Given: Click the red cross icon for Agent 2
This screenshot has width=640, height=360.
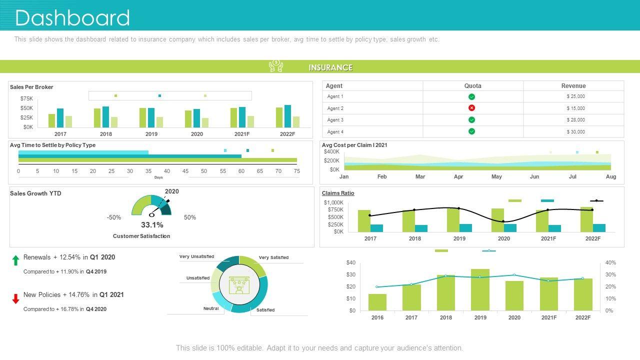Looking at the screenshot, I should pyautogui.click(x=471, y=108).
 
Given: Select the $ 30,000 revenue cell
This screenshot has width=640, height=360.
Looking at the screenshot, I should pyautogui.click(x=575, y=132).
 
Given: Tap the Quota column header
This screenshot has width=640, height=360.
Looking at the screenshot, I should pyautogui.click(x=472, y=86).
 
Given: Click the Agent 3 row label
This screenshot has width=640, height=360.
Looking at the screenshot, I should pyautogui.click(x=335, y=120).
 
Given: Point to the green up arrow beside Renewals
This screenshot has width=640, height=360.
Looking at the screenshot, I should pyautogui.click(x=16, y=260).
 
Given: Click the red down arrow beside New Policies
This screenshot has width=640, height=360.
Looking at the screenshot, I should pyautogui.click(x=16, y=298).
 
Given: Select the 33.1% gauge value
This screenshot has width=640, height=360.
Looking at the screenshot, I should pyautogui.click(x=152, y=225).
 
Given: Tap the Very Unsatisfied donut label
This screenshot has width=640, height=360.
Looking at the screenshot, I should pyautogui.click(x=196, y=256).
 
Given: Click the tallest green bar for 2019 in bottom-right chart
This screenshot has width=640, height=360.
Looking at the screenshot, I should pyautogui.click(x=480, y=290).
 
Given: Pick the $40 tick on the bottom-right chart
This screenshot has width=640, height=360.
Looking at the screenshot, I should pyautogui.click(x=350, y=262).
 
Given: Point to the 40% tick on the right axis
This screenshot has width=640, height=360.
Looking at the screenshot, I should pyautogui.click(x=610, y=262).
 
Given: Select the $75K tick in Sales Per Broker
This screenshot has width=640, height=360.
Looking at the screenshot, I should pyautogui.click(x=26, y=98).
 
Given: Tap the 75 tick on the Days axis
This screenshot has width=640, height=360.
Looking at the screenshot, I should pyautogui.click(x=296, y=171).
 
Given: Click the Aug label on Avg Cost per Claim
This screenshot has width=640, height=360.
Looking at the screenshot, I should pyautogui.click(x=611, y=176).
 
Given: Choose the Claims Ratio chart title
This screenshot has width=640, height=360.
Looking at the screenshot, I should pyautogui.click(x=338, y=193).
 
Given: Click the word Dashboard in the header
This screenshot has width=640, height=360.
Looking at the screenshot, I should pyautogui.click(x=72, y=18).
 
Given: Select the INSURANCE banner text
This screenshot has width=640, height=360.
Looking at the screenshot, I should pyautogui.click(x=330, y=67).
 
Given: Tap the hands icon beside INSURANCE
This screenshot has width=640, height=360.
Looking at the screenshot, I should pyautogui.click(x=276, y=66).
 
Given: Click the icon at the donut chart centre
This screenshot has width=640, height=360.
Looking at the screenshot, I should pyautogui.click(x=239, y=284).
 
